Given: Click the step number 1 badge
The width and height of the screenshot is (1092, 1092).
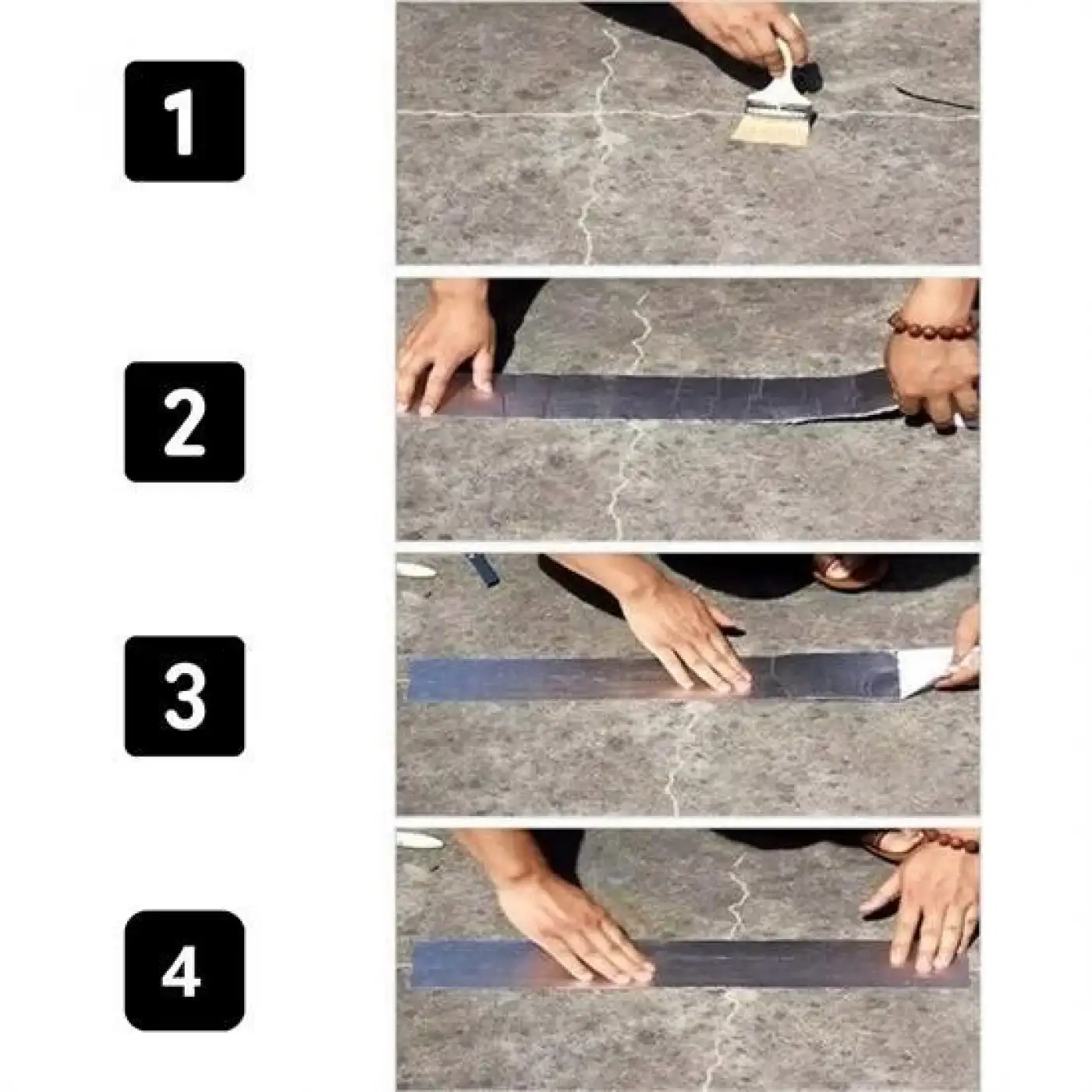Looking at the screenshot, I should point(185,122).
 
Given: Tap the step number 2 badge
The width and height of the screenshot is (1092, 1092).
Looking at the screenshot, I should point(185,422).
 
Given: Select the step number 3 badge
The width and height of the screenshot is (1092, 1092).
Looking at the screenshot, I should point(185,696).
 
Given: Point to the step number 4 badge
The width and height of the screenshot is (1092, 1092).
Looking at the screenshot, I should point(185,970).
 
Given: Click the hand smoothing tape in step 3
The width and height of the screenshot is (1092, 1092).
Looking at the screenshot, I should point(690,640).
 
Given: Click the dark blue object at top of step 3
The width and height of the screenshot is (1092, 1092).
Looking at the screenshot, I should point(484,570).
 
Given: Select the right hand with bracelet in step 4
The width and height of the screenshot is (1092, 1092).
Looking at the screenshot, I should point(932,905).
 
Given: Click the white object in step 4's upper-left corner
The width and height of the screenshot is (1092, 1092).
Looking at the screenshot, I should point(420,840).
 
